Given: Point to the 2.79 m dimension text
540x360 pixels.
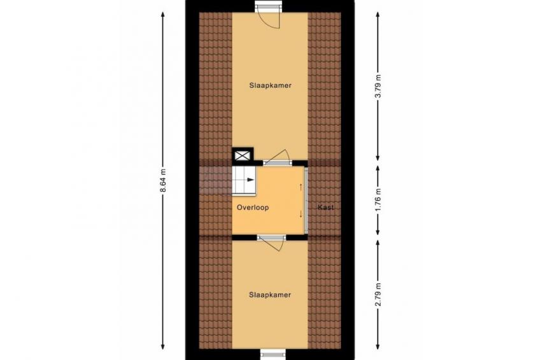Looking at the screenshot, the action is coord(378,294).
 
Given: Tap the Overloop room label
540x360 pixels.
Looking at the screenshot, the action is coord(253,207).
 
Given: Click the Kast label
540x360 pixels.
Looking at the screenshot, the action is coord(325,207).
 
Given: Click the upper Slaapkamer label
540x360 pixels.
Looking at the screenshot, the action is coord(271,85).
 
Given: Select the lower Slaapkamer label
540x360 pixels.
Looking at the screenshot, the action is coord(270,295).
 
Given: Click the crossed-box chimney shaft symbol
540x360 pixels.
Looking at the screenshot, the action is coord(243,155).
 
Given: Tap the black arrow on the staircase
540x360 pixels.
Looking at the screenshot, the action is coord(250,180).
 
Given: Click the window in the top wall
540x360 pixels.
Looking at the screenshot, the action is coord(268,6).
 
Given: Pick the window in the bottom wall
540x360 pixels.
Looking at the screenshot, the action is coord(273,354).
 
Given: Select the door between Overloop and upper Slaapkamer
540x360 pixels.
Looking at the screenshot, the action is coord(277,157).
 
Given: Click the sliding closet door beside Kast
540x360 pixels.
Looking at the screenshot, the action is coord(306,200).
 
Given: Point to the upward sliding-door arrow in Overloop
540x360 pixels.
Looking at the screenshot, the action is coord(301,187).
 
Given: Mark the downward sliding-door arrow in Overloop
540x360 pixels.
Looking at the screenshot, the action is coord(301,214).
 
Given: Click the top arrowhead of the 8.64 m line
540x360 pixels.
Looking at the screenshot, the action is coord(163,15).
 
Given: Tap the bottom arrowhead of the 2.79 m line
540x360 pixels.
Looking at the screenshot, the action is coord(378,346).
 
